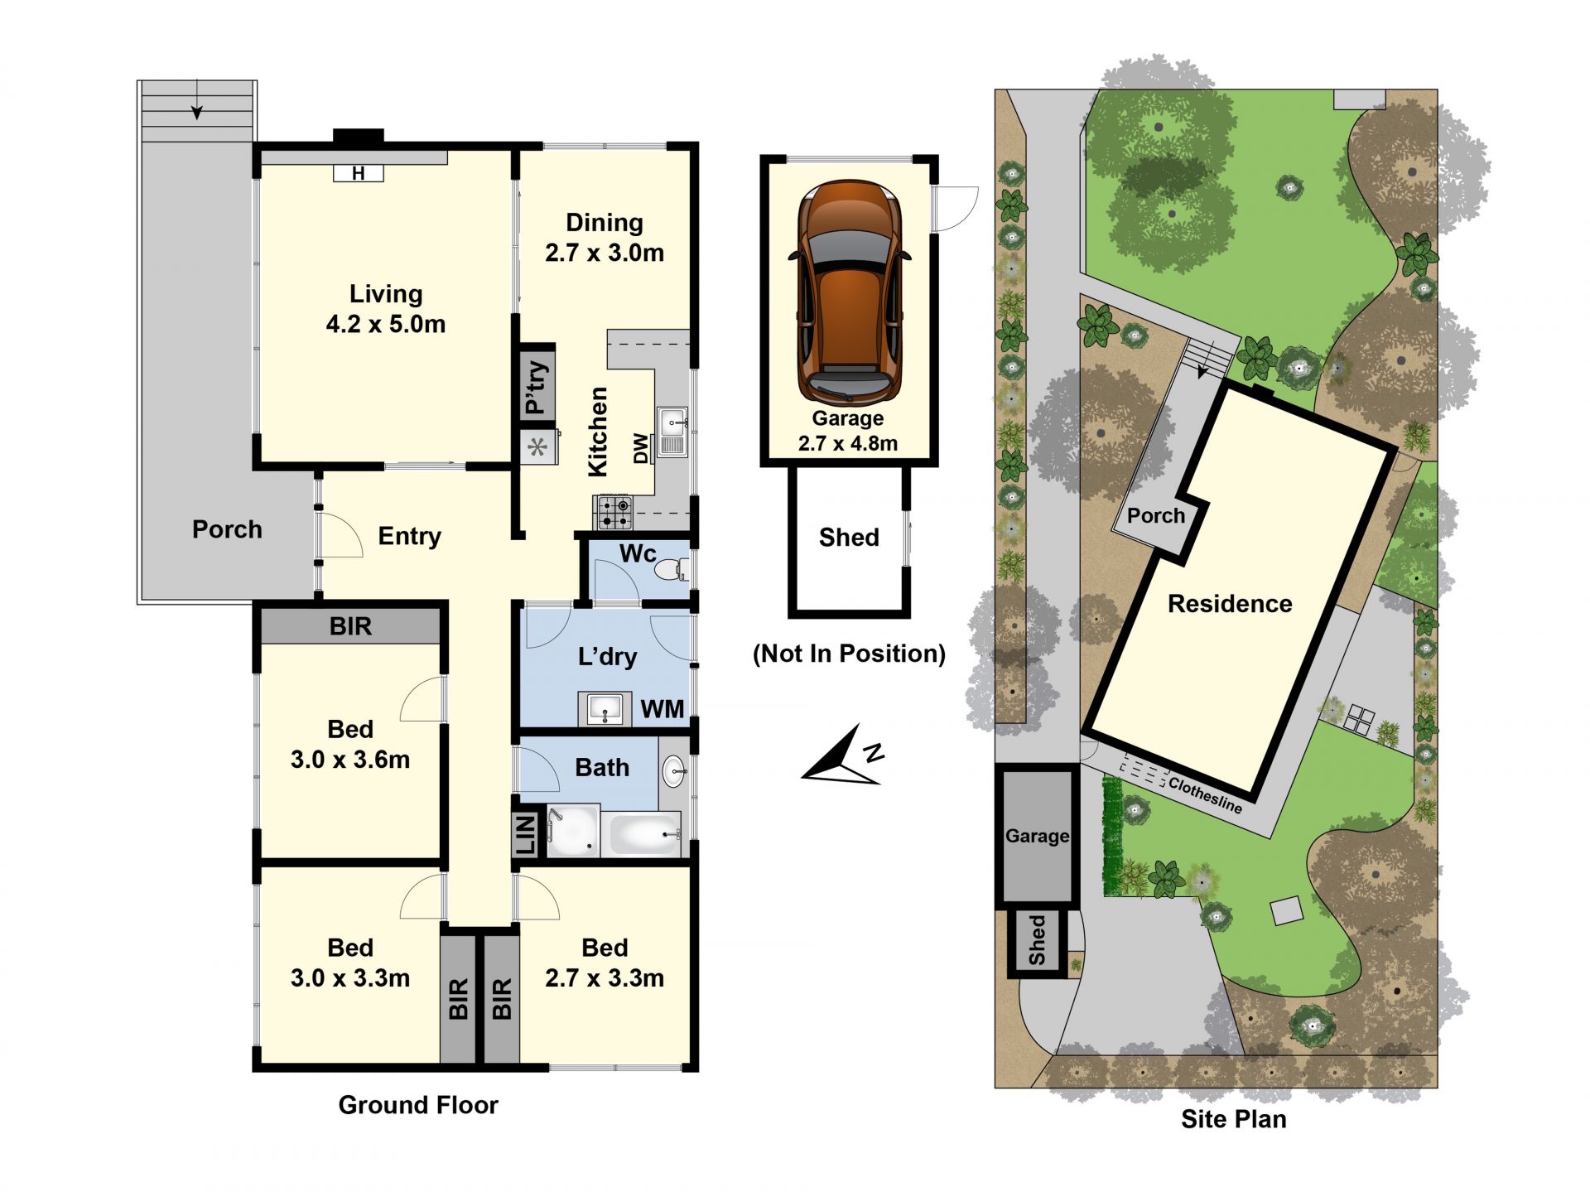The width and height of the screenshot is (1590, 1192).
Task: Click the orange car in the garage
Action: [x=848, y=293]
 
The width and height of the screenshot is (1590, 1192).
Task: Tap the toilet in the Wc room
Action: [x=672, y=570]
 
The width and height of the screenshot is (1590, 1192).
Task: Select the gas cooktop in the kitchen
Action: [x=614, y=512]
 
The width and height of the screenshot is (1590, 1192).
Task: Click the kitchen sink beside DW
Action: [x=672, y=431]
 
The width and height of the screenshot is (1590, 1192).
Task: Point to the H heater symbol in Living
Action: [x=359, y=173]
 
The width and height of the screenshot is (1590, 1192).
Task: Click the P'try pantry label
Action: [x=537, y=387]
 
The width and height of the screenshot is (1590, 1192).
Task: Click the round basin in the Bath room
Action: [x=674, y=771]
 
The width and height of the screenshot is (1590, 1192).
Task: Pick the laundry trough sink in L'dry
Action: [x=605, y=709]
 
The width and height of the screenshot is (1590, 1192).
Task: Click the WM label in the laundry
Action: [x=662, y=709]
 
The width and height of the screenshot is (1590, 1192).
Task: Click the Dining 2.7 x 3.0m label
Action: [x=605, y=238]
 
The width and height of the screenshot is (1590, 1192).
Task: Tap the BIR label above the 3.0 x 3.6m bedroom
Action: [x=350, y=626]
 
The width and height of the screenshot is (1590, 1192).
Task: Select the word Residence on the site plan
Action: [x=1230, y=604]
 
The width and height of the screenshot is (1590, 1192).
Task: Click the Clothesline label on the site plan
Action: [x=1205, y=794]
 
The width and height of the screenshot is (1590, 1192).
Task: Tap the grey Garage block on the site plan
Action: [x=1038, y=836]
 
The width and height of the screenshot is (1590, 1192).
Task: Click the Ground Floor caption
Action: [x=418, y=1105]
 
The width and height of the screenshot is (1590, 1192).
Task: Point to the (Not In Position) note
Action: [x=849, y=654]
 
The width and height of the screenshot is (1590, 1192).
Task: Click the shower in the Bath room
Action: [x=572, y=830]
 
